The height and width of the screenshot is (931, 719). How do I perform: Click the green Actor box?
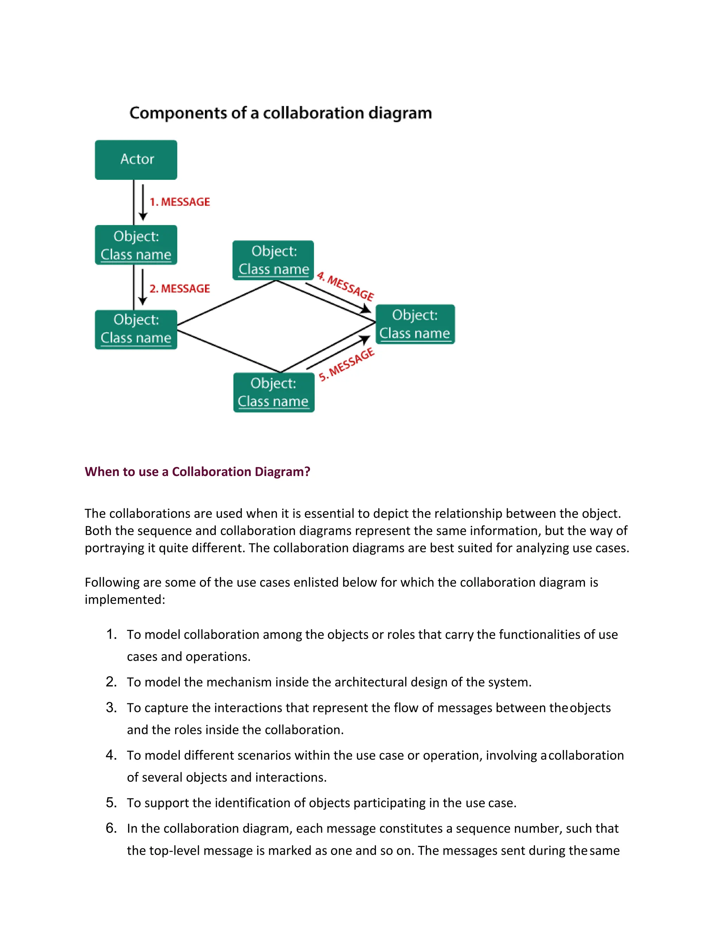tap(136, 159)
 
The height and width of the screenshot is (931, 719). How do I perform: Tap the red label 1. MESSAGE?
tap(179, 202)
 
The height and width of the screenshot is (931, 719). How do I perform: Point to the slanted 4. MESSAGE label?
tap(345, 286)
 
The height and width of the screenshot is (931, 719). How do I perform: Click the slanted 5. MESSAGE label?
tap(347, 364)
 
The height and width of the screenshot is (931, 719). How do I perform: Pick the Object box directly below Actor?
tap(136, 245)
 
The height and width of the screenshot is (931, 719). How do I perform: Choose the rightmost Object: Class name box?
tap(415, 324)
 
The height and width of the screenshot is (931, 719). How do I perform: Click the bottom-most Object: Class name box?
tap(273, 392)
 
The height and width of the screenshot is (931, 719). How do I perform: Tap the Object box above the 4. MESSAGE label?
tap(273, 260)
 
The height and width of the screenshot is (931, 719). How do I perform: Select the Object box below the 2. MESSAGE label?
tap(136, 329)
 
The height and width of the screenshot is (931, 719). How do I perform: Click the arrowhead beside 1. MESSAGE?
tap(143, 216)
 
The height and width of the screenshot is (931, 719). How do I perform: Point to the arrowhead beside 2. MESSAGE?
tap(143, 301)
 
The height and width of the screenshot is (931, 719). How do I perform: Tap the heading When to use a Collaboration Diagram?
tap(197, 471)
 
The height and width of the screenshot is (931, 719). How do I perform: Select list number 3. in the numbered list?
tap(111, 708)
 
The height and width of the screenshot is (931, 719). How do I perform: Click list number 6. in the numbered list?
tap(111, 828)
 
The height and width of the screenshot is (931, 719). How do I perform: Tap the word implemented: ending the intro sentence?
tap(125, 599)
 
